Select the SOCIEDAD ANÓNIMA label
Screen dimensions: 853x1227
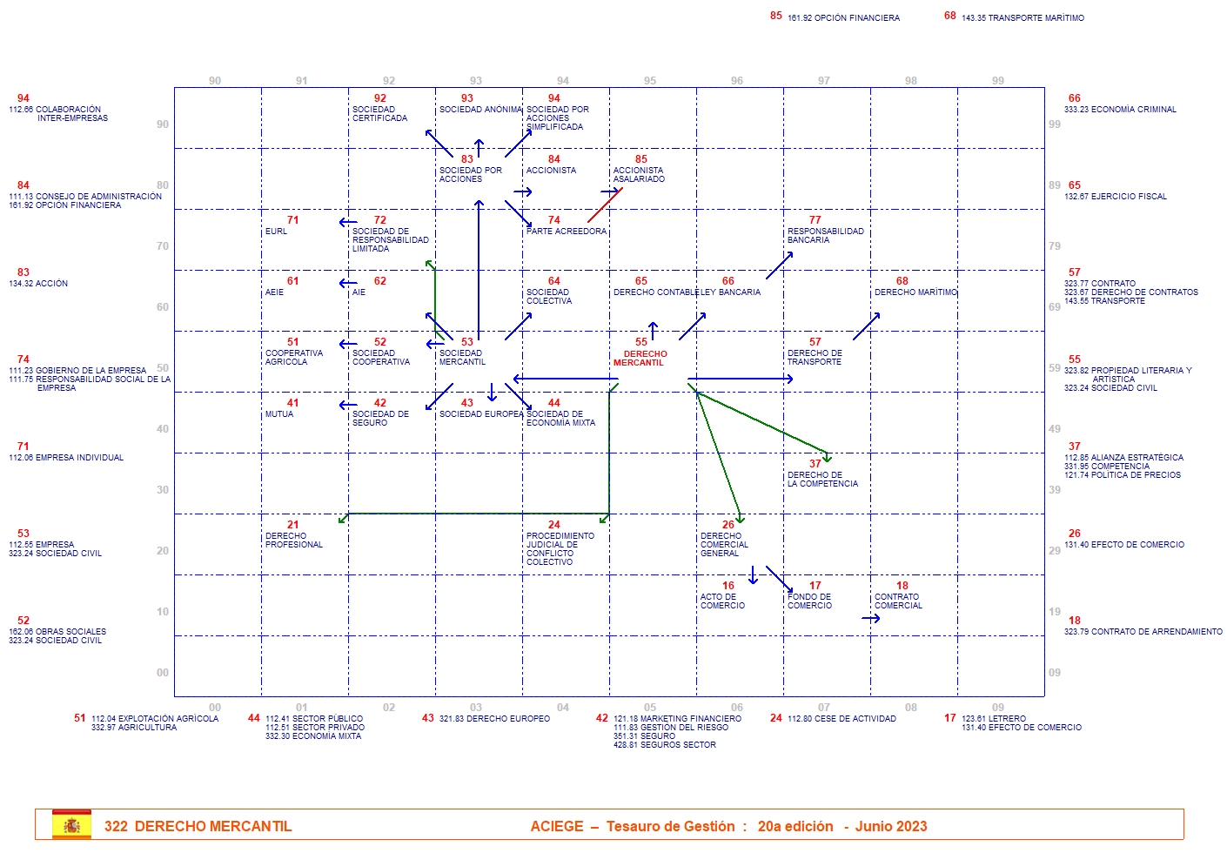(480, 110)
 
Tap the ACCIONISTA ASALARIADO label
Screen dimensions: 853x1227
(639, 175)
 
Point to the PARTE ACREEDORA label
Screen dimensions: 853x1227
(567, 232)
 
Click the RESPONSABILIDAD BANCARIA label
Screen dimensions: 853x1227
(825, 236)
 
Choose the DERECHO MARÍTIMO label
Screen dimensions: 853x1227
(915, 292)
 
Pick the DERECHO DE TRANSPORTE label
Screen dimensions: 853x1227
(815, 358)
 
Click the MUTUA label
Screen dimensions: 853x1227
(279, 414)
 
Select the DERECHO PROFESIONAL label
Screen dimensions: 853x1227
(293, 541)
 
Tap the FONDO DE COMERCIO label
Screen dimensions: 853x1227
(809, 601)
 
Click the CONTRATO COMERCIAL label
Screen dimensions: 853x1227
(898, 601)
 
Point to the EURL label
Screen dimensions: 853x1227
(276, 232)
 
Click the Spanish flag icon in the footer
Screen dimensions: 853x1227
(71, 825)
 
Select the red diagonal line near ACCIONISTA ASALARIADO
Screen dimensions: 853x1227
(604, 205)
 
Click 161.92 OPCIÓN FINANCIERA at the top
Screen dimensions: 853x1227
(843, 18)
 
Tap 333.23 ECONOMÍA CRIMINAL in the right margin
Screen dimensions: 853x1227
(1120, 110)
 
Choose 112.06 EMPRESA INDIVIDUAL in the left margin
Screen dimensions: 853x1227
(66, 458)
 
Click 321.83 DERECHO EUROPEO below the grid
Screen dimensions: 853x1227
(494, 719)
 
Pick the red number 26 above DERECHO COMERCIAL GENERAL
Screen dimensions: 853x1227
(728, 525)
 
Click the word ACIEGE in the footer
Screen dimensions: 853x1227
(557, 827)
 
